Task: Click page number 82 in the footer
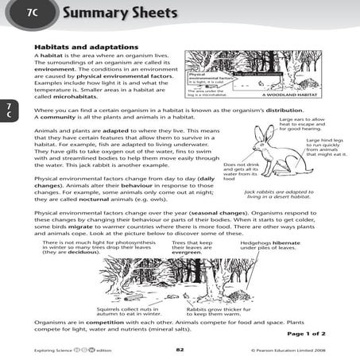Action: point(180,350)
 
